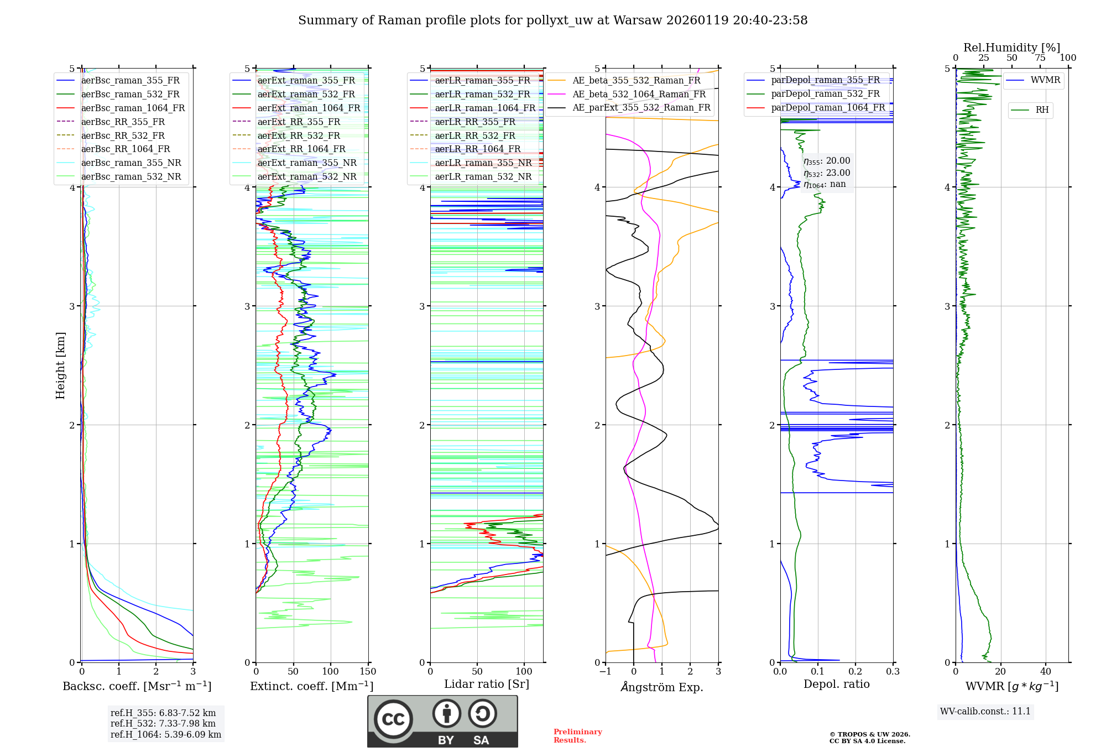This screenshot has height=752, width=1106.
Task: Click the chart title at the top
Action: (552, 20)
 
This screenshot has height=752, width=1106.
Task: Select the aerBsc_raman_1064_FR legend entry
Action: (133, 108)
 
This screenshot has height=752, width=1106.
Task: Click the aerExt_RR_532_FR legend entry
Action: (299, 135)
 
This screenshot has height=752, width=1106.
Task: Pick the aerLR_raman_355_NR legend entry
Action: (483, 163)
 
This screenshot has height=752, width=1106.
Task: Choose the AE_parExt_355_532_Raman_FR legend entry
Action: (641, 108)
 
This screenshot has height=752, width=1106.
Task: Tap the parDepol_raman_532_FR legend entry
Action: (825, 94)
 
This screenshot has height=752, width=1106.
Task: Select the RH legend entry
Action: (1042, 110)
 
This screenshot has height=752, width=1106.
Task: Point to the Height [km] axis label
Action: (60, 365)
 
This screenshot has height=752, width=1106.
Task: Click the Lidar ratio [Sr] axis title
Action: (487, 684)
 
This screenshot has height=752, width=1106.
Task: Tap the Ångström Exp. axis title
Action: (662, 687)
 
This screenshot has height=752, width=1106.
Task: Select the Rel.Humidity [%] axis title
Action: (1011, 48)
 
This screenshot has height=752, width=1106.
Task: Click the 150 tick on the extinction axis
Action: (368, 672)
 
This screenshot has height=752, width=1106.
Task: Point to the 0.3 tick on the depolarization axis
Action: (893, 672)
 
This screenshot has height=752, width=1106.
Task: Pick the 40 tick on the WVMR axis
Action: (1045, 672)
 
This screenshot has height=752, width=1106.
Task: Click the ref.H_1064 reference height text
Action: (166, 735)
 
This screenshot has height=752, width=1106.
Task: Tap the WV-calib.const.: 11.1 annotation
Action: (985, 712)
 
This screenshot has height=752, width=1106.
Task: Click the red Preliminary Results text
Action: (577, 736)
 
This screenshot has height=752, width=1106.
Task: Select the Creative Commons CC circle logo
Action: (393, 719)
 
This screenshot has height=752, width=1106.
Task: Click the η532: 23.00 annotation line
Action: (827, 173)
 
